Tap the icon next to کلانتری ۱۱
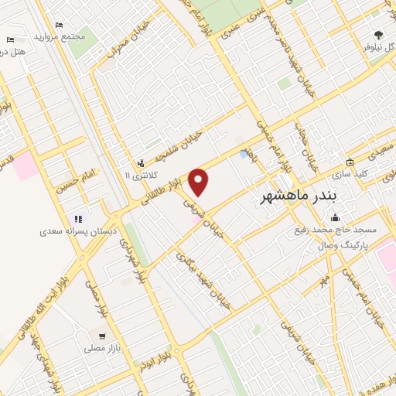pyautogui.click(x=140, y=162)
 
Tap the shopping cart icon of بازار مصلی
pyautogui.click(x=102, y=336)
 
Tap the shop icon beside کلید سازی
pyautogui.click(x=350, y=162)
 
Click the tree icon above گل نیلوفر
pyautogui.click(x=378, y=34)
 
